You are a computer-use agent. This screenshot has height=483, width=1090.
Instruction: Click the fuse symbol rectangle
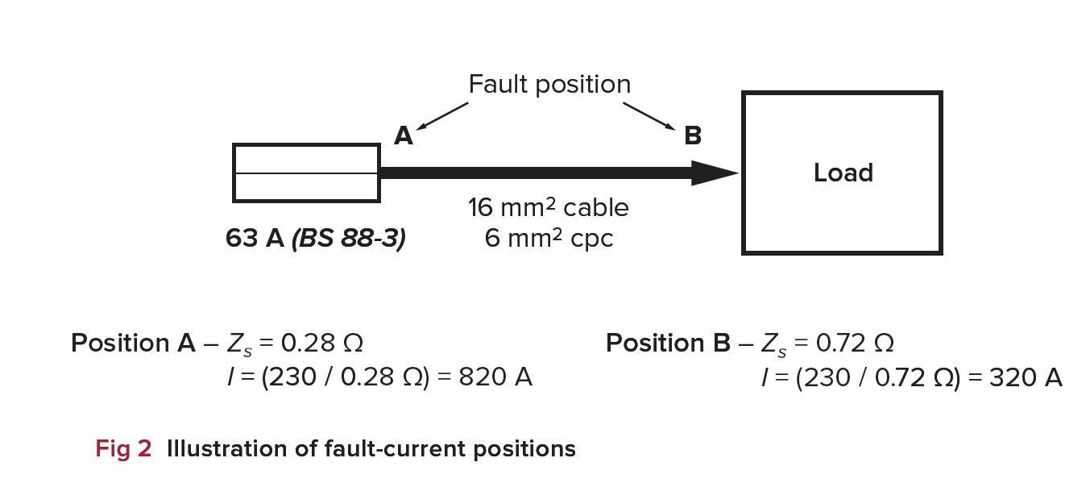[x=306, y=173]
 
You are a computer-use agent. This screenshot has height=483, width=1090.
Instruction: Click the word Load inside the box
[x=843, y=173]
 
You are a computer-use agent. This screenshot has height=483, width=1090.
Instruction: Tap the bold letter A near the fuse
[x=403, y=136]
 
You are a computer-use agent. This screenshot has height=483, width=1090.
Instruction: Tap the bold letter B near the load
[x=692, y=136]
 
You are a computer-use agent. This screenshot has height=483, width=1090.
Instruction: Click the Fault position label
[x=549, y=85]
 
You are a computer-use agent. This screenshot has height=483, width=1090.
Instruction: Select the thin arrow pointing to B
[x=649, y=115]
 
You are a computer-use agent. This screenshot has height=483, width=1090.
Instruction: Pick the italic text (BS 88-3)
[x=349, y=239]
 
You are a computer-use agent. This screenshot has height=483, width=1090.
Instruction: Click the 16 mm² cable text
[x=549, y=208]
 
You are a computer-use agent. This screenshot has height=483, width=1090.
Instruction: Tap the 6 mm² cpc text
[x=549, y=239]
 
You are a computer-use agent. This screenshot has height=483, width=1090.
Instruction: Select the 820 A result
[x=495, y=377]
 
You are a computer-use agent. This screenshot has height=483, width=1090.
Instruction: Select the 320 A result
[x=1025, y=377]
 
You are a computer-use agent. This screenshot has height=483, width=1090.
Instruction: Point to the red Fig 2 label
[x=123, y=449]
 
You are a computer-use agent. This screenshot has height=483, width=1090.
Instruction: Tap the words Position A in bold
[x=133, y=344]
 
